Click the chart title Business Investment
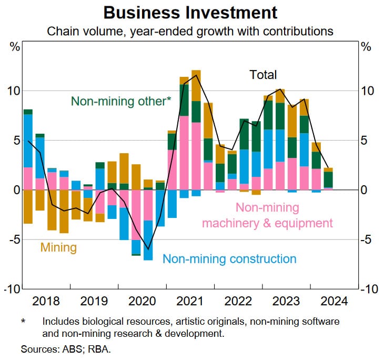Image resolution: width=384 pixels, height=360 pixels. click(190, 12)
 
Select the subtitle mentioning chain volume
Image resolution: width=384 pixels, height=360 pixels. click(190, 31)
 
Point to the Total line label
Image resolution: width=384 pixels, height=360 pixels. click(262, 75)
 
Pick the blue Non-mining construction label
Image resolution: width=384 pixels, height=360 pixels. click(229, 259)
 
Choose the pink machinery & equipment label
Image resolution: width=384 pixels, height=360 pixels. click(267, 215)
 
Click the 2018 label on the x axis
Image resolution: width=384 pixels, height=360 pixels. click(46, 302)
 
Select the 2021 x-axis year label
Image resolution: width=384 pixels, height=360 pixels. click(190, 302)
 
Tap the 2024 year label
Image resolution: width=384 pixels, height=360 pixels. click(334, 302)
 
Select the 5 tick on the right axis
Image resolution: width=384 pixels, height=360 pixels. click(366, 141)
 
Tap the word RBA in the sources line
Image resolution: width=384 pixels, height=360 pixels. click(92, 349)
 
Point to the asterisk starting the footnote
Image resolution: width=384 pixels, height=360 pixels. click(23, 321)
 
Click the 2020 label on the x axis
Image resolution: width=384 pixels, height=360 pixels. click(142, 302)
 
